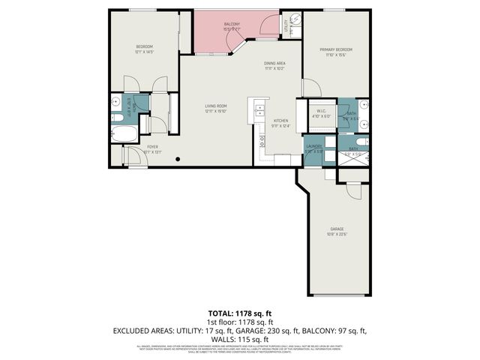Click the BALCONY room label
pos(232,25)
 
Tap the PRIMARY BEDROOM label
pos(339,49)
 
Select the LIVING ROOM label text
pos(216,106)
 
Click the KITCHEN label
pos(280,121)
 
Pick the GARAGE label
pos(337,229)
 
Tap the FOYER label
pos(152,147)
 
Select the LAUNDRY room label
pos(313,147)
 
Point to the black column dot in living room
pos(177,159)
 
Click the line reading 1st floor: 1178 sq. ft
pos(240,321)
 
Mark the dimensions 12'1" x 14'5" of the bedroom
pos(145,52)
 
